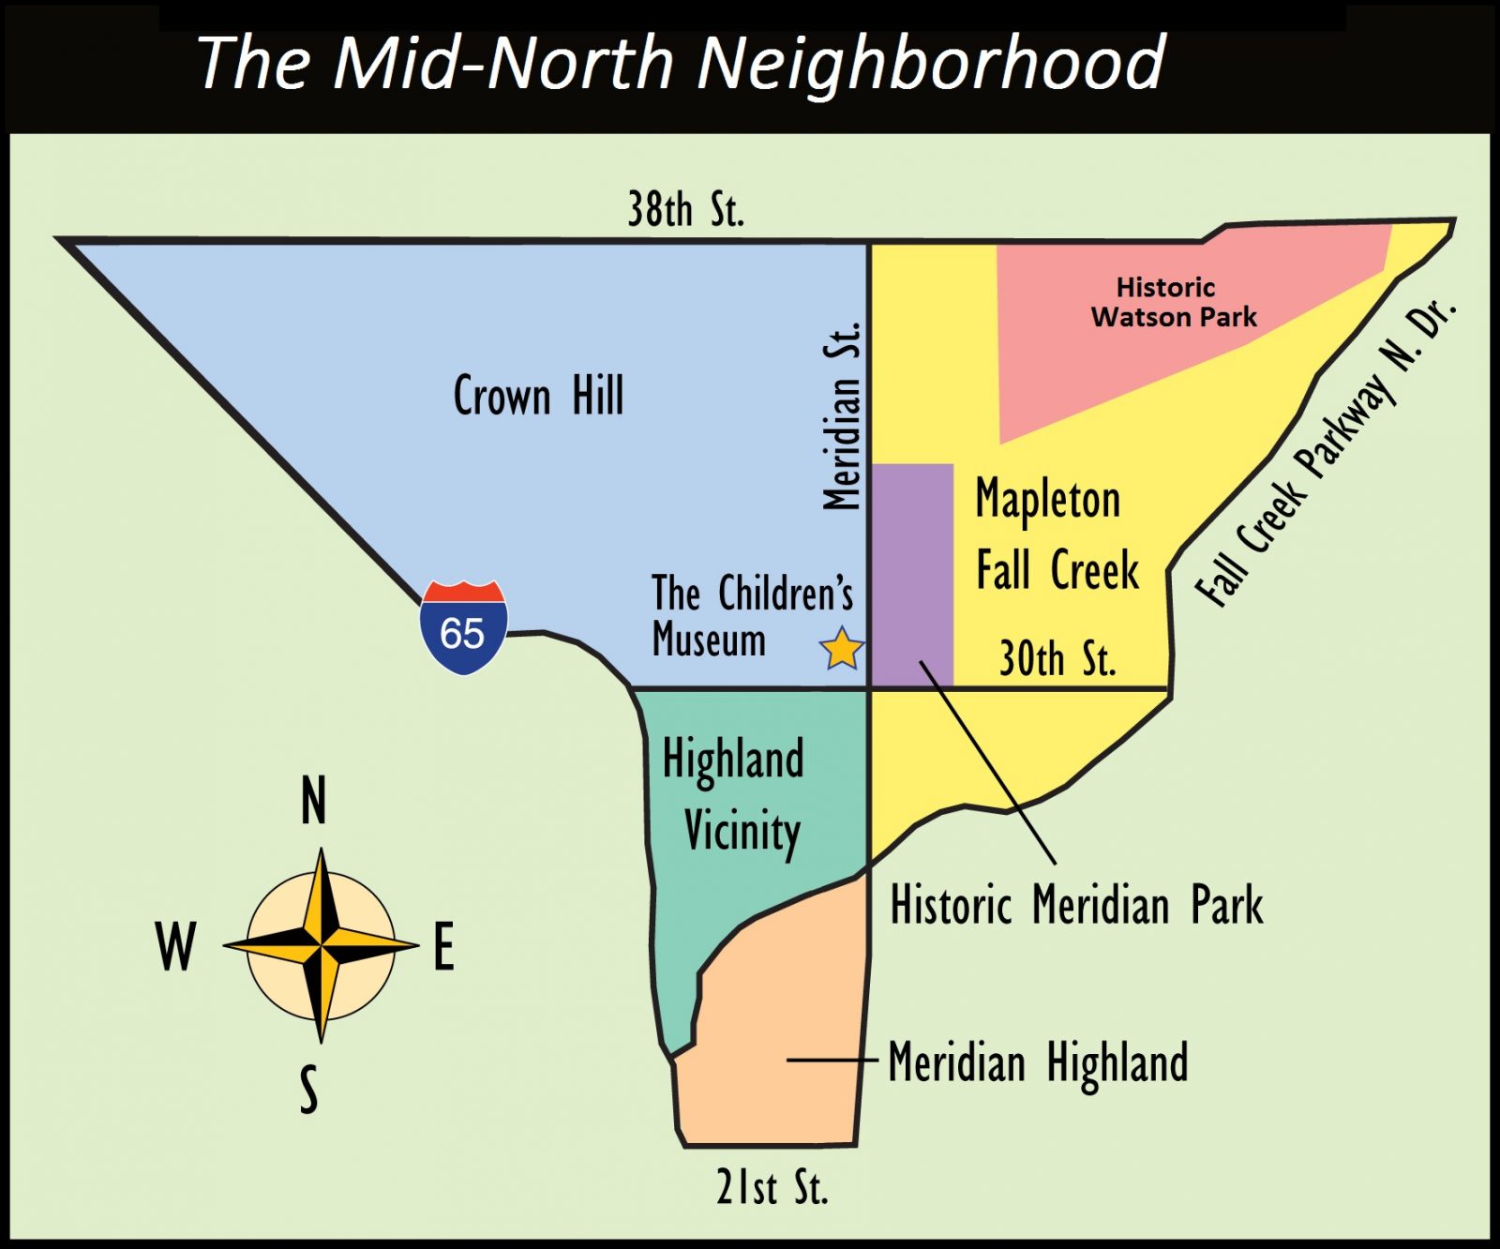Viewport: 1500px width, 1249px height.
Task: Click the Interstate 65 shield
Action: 463,627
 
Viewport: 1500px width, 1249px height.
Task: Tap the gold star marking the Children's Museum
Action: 841,648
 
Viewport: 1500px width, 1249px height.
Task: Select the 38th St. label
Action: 685,209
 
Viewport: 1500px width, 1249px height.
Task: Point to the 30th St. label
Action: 1057,658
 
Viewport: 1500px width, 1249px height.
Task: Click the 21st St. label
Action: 772,1188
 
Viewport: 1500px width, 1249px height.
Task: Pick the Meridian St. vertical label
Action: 841,416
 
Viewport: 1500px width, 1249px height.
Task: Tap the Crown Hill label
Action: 538,395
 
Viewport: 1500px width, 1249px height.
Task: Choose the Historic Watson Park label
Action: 1173,302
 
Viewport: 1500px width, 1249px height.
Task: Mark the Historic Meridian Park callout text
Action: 1076,905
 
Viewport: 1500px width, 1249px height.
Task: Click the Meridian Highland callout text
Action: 1038,1062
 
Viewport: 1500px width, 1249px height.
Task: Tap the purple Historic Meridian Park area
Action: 912,572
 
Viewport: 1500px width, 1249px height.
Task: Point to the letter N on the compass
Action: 314,801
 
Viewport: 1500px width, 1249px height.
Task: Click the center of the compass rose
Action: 322,945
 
